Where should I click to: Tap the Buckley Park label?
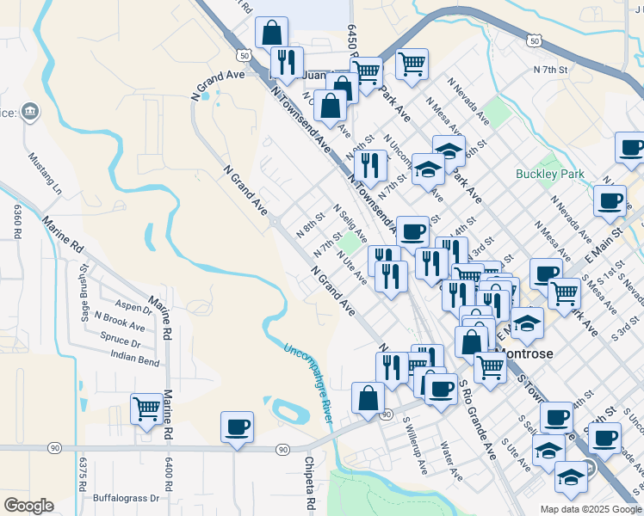(549, 174)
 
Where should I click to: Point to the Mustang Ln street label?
(46, 172)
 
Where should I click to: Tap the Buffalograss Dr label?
(127, 497)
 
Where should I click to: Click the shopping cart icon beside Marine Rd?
(147, 408)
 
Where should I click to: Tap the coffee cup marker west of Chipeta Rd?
(237, 427)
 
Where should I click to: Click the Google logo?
(28, 506)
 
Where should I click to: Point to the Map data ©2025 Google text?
(591, 509)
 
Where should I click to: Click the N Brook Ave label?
(120, 324)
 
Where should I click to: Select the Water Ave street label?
(451, 462)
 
